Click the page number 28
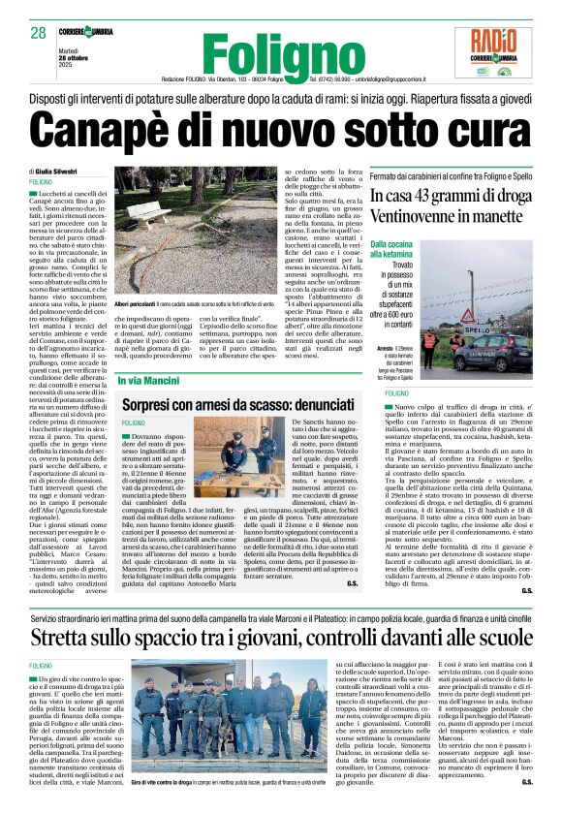[x=39, y=34]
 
